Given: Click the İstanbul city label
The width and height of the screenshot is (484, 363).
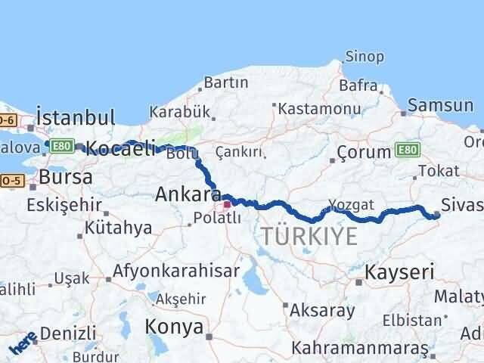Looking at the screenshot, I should [x=76, y=118].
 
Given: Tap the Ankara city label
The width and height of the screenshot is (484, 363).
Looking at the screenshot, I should [x=188, y=194].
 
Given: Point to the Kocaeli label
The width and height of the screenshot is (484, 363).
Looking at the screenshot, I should [x=121, y=149].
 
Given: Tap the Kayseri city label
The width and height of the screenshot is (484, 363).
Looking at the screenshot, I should [x=400, y=271].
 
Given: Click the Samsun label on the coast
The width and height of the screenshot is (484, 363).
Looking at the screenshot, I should [x=440, y=105].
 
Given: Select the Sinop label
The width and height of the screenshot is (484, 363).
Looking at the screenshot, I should [x=365, y=57].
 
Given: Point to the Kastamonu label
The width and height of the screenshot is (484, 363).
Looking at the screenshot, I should [x=317, y=109].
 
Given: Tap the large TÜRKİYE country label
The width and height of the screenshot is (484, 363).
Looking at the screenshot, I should [x=310, y=237].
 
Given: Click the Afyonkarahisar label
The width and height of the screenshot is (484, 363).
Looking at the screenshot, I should [x=176, y=270].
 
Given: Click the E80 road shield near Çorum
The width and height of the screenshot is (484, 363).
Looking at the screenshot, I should [x=405, y=151].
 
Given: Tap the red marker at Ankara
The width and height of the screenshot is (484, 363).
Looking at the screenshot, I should [x=227, y=204].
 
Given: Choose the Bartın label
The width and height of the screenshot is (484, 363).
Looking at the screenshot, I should [x=226, y=82].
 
